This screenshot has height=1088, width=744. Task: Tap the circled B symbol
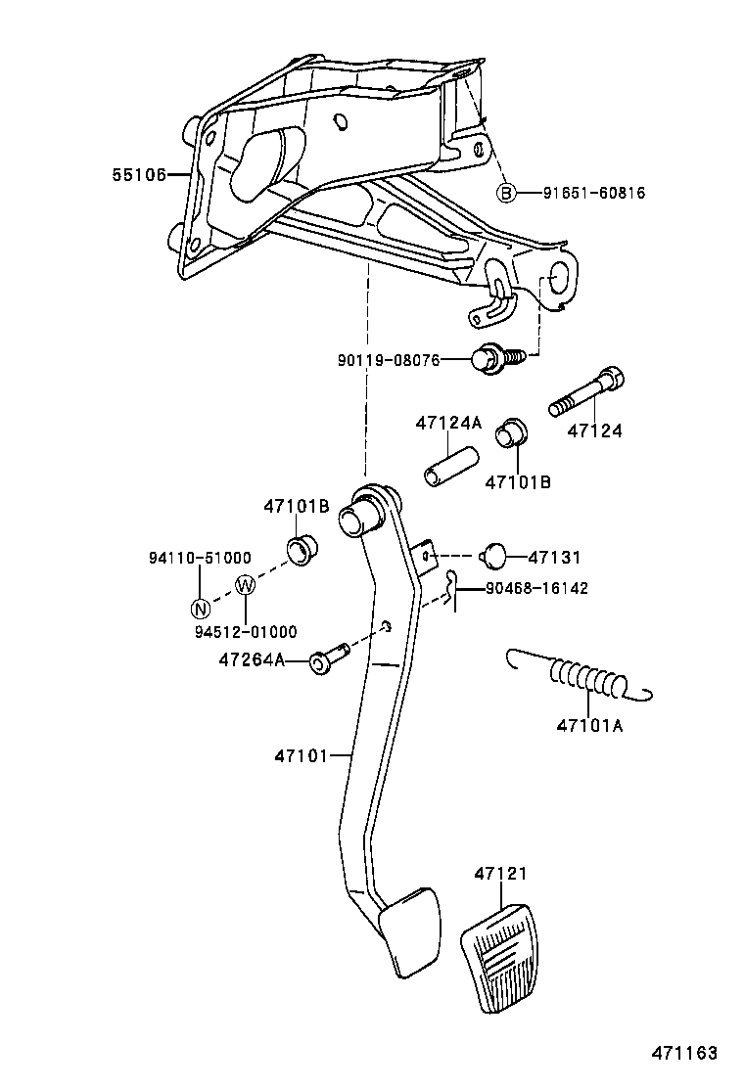tap(506, 193)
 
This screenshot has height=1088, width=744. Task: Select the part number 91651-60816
tap(594, 193)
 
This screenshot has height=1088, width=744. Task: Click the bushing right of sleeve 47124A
tap(511, 431)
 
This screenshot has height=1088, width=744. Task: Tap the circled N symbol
tap(200, 608)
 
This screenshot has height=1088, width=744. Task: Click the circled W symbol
tap(245, 586)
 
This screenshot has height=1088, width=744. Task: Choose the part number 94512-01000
tap(245, 632)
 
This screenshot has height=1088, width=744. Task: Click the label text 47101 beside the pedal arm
tap(299, 755)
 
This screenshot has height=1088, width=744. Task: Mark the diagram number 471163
tap(685, 1054)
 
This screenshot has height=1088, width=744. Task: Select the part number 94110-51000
tap(200, 557)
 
